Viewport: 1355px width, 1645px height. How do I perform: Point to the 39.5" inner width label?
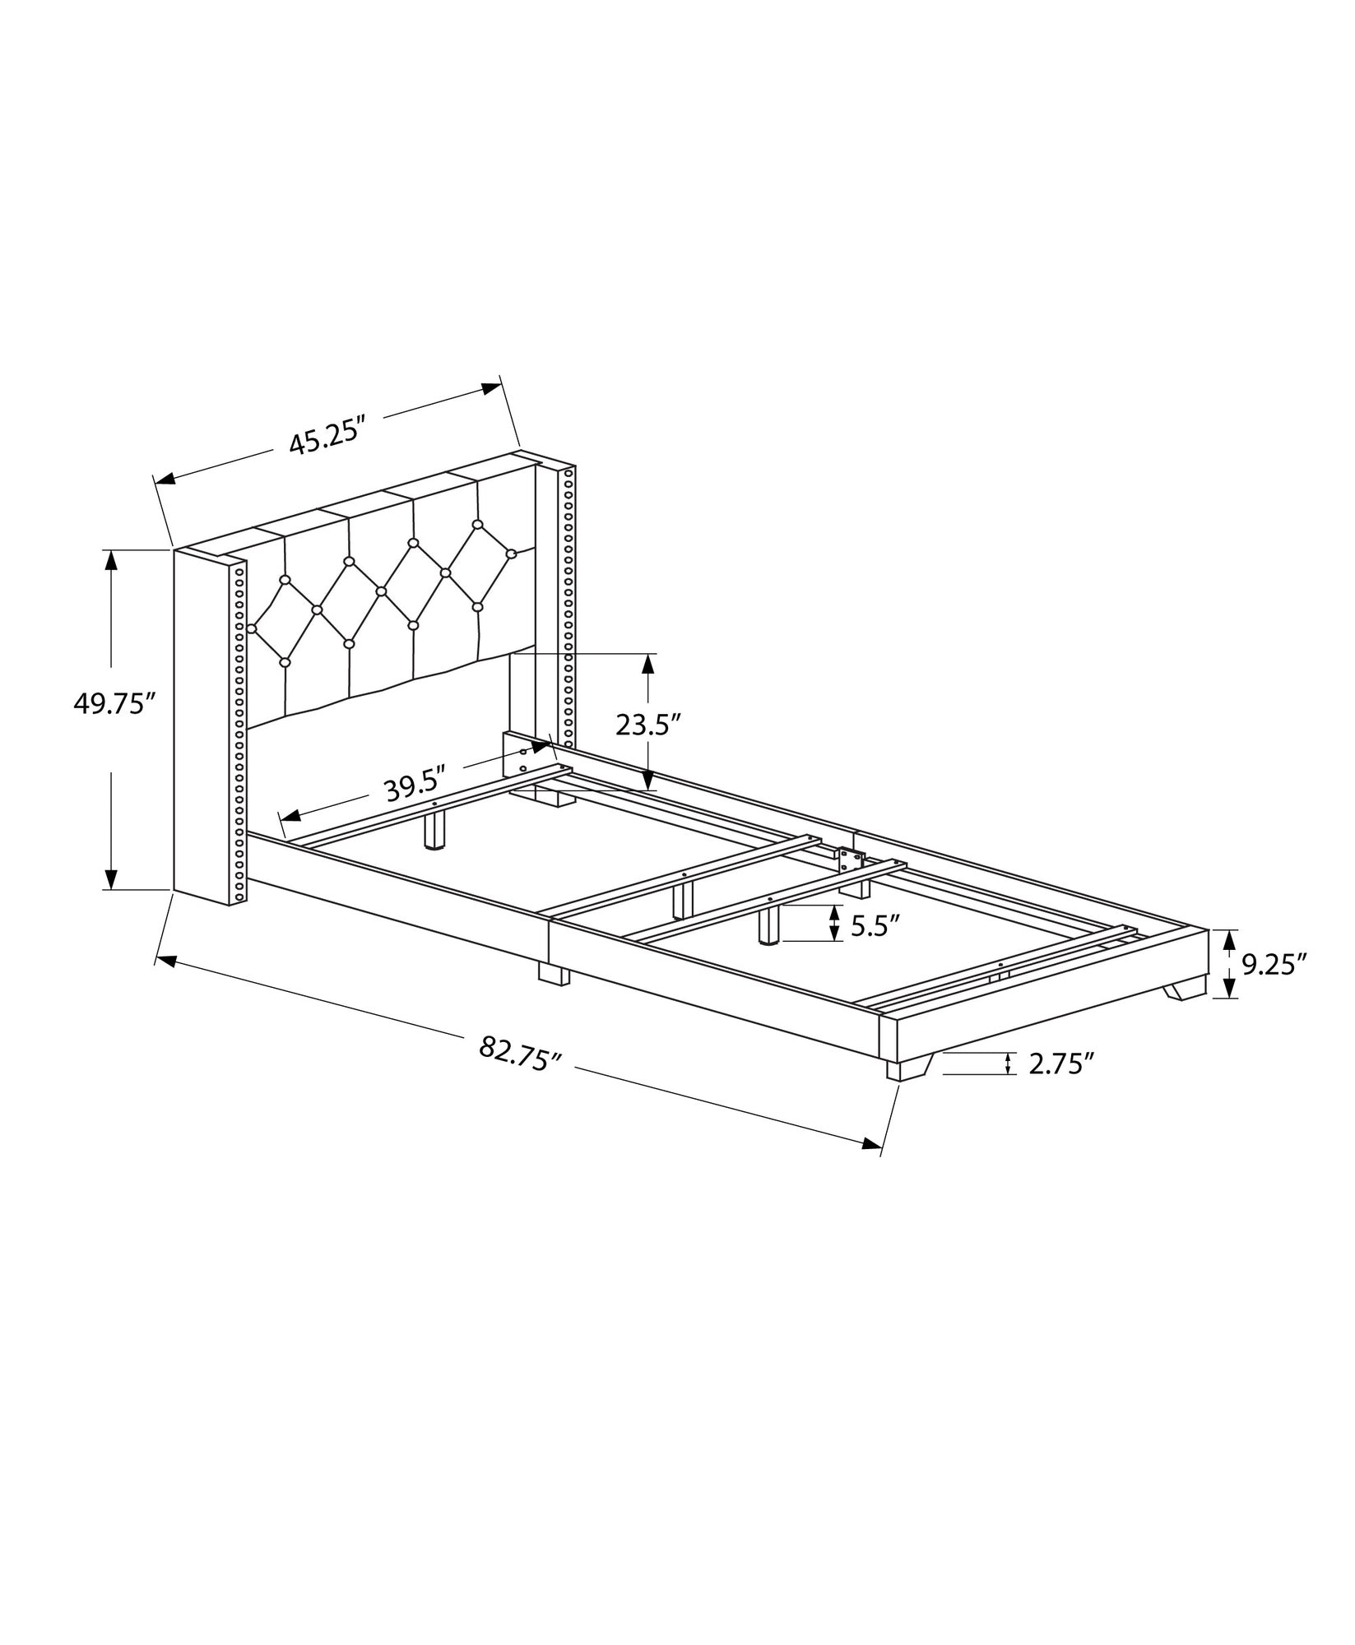415,790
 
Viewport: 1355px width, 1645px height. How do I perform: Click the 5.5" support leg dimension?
870,927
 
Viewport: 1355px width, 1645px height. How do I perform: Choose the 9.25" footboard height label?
1274,964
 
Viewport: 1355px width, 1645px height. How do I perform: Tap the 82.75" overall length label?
520,1053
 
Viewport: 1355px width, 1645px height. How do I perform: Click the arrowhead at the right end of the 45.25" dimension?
491,387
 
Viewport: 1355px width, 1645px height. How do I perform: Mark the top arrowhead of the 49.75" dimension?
111,561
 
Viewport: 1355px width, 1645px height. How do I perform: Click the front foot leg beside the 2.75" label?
906,1068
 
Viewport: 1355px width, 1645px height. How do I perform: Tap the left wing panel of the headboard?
200,724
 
